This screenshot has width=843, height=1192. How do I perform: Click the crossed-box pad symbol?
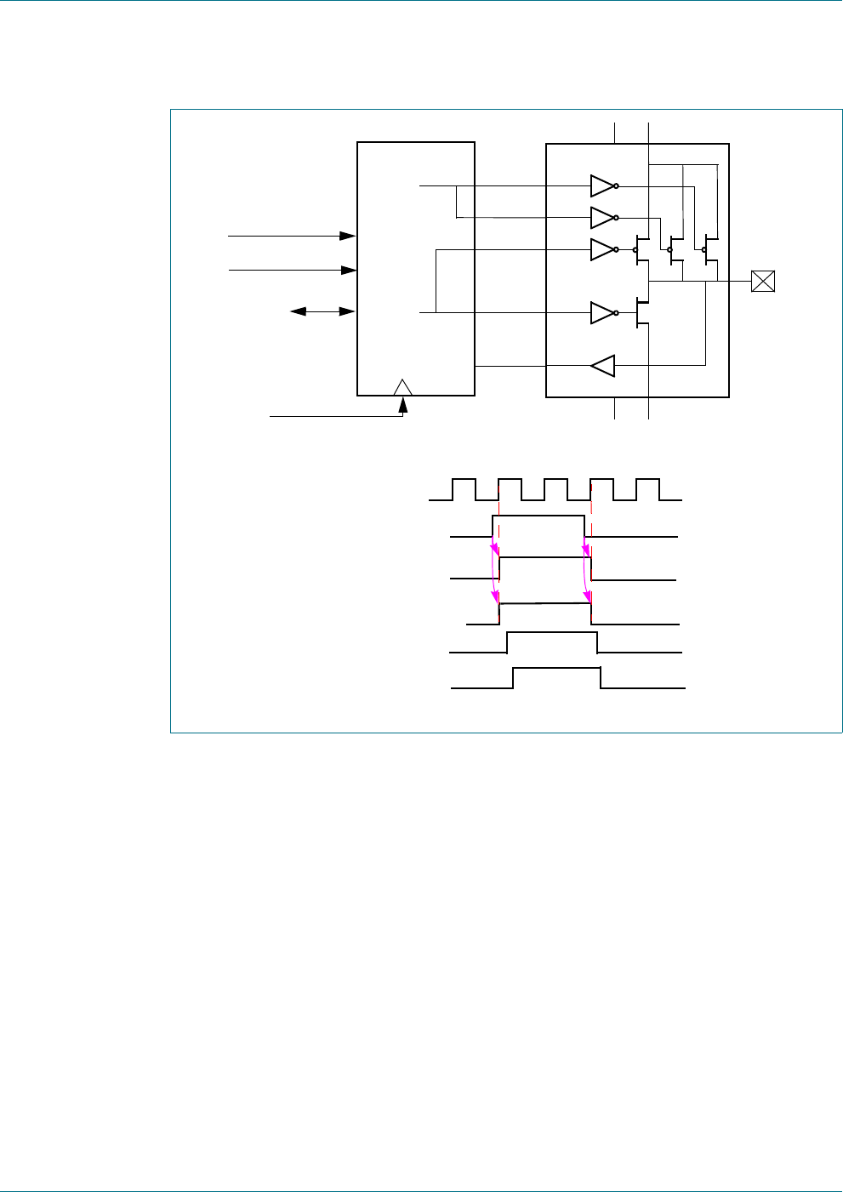pyautogui.click(x=763, y=281)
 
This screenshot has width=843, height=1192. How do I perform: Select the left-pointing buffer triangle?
pyautogui.click(x=602, y=366)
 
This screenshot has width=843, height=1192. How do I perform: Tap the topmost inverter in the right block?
pyautogui.click(x=602, y=185)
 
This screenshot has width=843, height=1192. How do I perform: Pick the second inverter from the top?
pyautogui.click(x=602, y=218)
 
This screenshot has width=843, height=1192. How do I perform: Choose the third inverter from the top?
pyautogui.click(x=602, y=250)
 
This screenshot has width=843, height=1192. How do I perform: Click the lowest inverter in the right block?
pyautogui.click(x=602, y=313)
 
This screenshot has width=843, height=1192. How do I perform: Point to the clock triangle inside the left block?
pyautogui.click(x=403, y=387)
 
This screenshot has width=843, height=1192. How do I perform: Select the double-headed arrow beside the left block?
pyautogui.click(x=322, y=311)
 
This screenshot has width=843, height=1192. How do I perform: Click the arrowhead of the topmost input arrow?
pyautogui.click(x=348, y=236)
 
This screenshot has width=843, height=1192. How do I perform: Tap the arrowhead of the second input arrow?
pyautogui.click(x=348, y=270)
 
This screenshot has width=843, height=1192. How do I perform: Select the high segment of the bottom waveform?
pyautogui.click(x=557, y=669)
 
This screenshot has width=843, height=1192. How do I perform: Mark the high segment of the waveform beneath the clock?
pyautogui.click(x=538, y=516)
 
